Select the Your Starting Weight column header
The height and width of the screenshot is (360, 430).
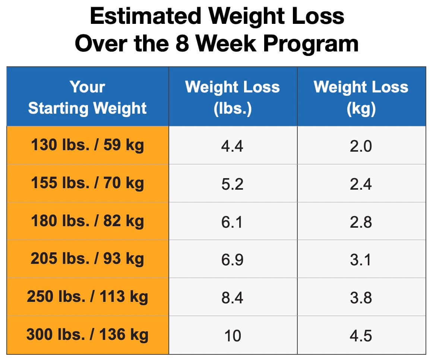[x=88, y=97]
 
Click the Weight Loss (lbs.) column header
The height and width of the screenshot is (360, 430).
[x=233, y=97]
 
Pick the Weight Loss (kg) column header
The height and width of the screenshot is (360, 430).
[x=361, y=97]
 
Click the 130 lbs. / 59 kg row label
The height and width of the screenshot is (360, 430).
[x=88, y=145]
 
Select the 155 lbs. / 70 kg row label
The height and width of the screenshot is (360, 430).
[x=88, y=183]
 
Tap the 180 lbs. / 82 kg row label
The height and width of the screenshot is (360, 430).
[x=88, y=221]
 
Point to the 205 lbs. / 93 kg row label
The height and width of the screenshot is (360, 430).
[x=88, y=259]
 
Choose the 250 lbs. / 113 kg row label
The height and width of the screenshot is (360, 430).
[x=88, y=297]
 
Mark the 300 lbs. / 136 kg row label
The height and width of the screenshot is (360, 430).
[x=88, y=335]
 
